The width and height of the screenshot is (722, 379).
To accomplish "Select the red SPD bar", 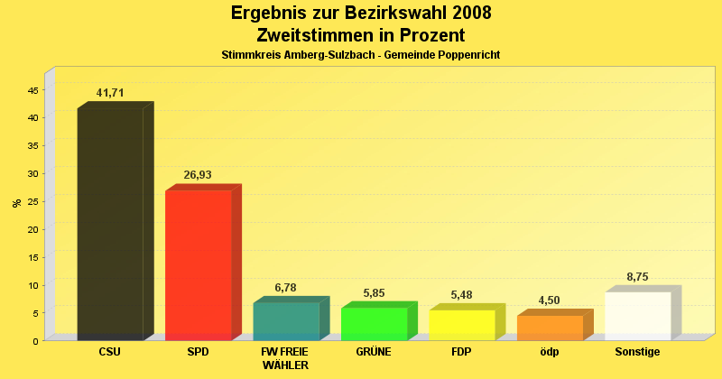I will tap(199, 265).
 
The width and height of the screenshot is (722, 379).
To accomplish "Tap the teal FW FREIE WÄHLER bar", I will tap(286, 321).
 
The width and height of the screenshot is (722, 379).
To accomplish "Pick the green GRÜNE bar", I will tap(374, 324).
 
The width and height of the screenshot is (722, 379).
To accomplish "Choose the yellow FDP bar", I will tap(462, 325).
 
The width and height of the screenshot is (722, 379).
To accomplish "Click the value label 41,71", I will tap(110, 93).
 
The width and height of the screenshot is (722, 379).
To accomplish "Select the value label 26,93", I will tap(198, 175).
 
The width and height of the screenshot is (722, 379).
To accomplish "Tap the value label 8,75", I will tap(637, 277).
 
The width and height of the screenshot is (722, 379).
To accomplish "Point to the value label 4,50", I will tap(550, 300).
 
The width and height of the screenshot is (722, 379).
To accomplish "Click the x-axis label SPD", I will tap(198, 352).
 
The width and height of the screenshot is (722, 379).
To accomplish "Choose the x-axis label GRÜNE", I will tap(374, 352).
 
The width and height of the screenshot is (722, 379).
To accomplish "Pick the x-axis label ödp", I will tap(550, 352).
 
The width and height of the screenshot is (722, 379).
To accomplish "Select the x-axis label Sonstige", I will tap(637, 352).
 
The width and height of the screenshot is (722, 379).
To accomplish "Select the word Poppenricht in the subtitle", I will tap(467, 55).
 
